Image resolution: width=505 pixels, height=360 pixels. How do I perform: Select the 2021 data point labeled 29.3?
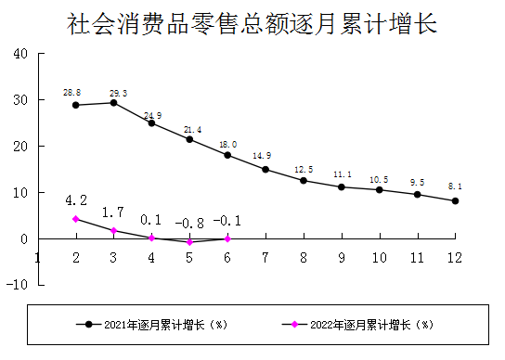113,102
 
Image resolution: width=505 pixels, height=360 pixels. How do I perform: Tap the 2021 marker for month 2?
76,105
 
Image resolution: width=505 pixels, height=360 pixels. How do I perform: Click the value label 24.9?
151,115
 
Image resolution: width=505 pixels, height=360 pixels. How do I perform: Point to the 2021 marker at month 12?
455,200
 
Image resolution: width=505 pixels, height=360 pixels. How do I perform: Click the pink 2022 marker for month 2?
76,219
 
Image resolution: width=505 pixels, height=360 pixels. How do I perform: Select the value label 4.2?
76,199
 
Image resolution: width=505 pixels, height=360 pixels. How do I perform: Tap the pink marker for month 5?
189,242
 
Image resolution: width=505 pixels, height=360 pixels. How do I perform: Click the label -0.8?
189,224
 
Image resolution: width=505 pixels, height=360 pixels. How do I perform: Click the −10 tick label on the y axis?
18,285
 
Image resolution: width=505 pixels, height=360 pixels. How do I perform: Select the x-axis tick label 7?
265,257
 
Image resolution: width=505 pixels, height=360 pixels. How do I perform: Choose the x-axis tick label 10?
379,257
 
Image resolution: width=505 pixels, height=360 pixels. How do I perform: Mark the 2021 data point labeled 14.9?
265,169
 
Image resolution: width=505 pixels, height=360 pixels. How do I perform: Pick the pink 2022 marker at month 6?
227,238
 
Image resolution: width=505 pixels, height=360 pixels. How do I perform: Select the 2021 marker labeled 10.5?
379,189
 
